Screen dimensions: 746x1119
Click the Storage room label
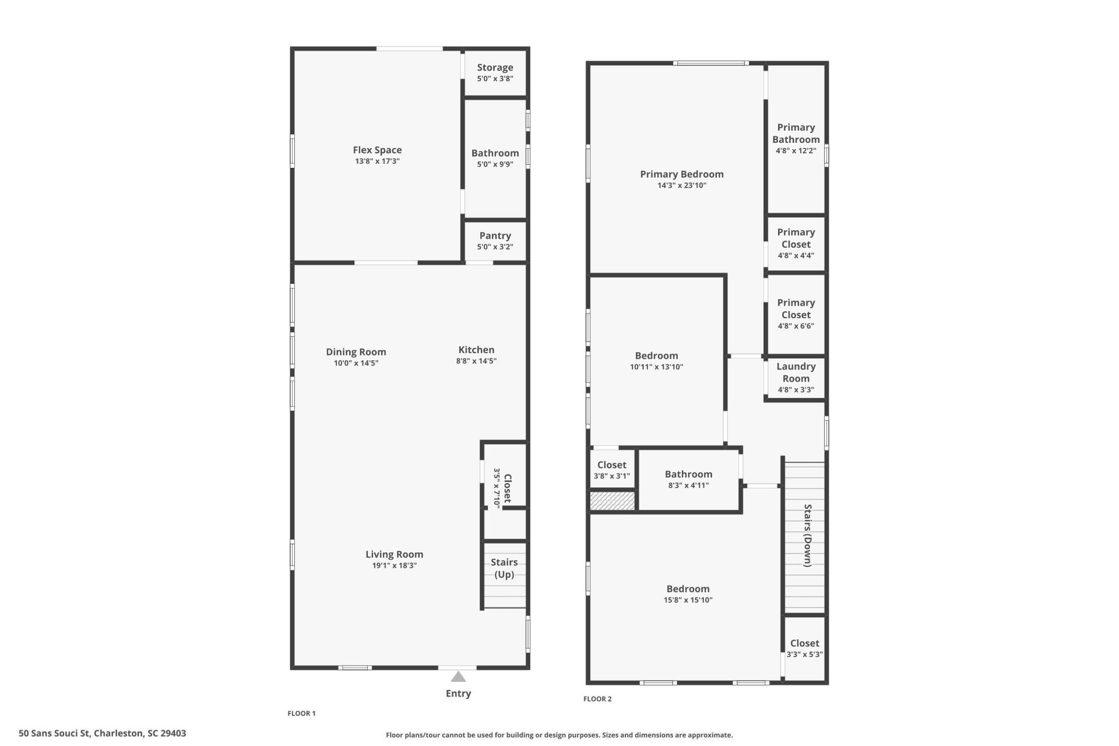click(x=495, y=68)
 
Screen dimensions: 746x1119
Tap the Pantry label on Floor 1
click(x=495, y=235)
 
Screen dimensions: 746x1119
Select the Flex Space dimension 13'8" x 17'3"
click(x=377, y=161)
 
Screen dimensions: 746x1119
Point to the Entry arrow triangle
click(x=459, y=677)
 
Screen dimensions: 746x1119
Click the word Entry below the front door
click(x=458, y=694)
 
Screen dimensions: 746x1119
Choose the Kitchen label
click(x=476, y=350)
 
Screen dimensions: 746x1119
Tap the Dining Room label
click(x=356, y=352)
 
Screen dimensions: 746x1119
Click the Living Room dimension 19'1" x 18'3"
click(x=394, y=566)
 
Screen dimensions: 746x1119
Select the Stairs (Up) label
click(x=504, y=568)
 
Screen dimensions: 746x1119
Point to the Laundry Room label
click(x=796, y=372)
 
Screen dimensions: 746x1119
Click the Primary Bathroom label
click(x=796, y=133)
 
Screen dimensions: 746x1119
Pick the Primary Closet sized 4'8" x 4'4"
click(x=796, y=244)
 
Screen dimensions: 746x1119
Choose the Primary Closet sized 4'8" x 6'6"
click(x=796, y=314)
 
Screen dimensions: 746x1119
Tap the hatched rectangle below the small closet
click(x=612, y=501)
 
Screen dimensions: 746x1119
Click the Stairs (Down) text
click(x=808, y=535)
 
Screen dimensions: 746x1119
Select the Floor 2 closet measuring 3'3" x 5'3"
click(x=804, y=649)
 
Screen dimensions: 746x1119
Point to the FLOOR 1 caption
click(x=301, y=713)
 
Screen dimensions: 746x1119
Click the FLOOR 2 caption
click(x=597, y=699)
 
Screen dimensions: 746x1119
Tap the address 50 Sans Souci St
click(x=102, y=733)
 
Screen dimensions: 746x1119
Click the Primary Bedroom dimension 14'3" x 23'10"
click(x=681, y=186)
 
